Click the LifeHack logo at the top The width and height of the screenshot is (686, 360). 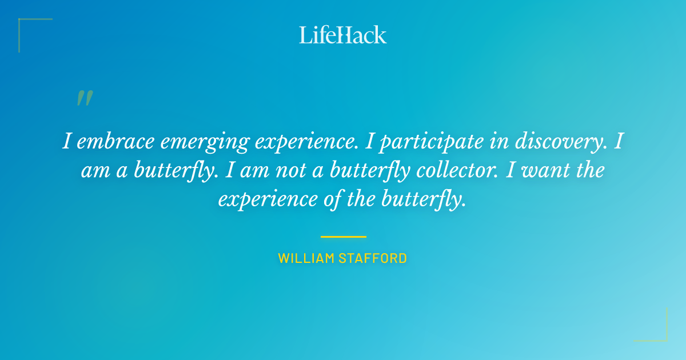click(x=343, y=35)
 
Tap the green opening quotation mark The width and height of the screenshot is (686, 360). click(x=85, y=98)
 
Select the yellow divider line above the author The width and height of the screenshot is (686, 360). click(x=343, y=237)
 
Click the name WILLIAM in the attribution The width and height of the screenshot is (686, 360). click(x=306, y=258)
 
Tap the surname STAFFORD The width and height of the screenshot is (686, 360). click(x=373, y=258)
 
